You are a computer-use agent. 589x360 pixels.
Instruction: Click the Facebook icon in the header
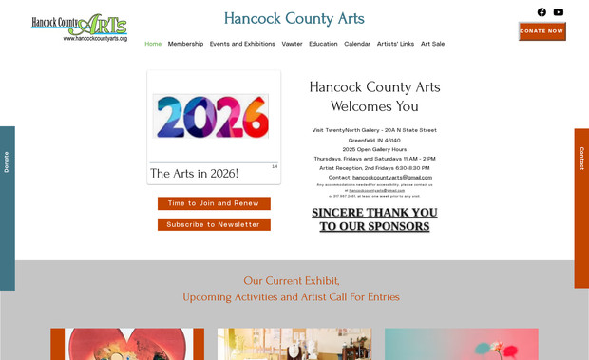[541, 12]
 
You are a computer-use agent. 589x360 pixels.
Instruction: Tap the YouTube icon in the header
[559, 12]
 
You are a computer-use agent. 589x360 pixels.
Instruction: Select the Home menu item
[153, 44]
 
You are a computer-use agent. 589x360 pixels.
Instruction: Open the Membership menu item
[185, 44]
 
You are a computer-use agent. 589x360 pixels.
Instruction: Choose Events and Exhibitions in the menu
[242, 44]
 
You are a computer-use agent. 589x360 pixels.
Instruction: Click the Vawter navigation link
[292, 44]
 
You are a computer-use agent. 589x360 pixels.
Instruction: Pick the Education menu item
[323, 44]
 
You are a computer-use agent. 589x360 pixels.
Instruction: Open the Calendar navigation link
[357, 44]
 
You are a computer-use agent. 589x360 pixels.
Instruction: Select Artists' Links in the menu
[395, 44]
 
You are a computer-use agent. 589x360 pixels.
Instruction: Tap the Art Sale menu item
[432, 44]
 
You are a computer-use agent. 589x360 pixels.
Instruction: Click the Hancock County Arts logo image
[79, 27]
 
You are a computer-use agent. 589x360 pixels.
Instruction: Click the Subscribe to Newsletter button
[214, 225]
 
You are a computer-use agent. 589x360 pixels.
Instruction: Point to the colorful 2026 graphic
[210, 116]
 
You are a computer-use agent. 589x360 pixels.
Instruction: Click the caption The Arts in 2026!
[194, 174]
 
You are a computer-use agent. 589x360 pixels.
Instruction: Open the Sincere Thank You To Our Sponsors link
[374, 219]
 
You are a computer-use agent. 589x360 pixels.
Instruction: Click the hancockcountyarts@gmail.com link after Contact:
[392, 177]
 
